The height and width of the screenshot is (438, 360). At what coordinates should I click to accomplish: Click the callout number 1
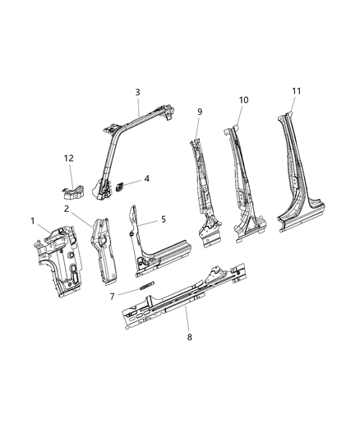(x=33, y=222)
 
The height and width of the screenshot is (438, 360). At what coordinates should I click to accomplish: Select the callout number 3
(x=138, y=92)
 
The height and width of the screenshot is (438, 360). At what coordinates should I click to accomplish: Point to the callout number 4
(x=146, y=178)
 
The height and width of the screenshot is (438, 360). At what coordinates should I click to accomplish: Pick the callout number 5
(x=163, y=219)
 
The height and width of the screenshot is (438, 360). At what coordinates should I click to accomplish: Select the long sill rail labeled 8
(x=181, y=300)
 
